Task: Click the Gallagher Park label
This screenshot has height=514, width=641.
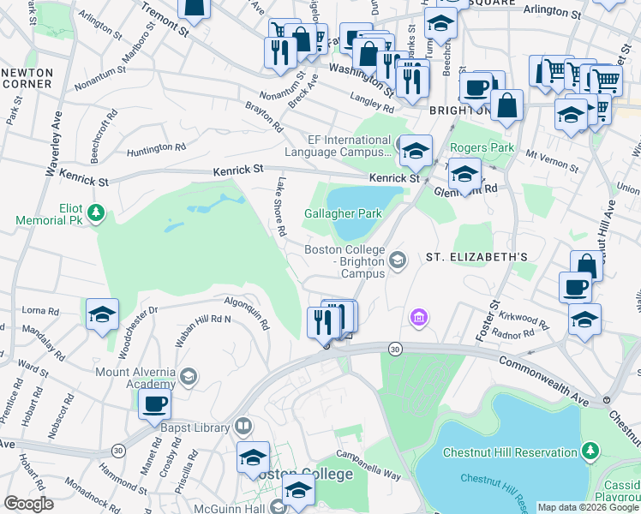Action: pyautogui.click(x=342, y=213)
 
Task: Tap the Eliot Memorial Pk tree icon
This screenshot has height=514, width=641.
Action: pyautogui.click(x=98, y=211)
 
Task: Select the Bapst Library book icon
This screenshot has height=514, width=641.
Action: pyautogui.click(x=243, y=427)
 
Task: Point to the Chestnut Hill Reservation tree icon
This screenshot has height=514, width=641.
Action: pyautogui.click(x=590, y=451)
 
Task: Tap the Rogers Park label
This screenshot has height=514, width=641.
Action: pyautogui.click(x=482, y=148)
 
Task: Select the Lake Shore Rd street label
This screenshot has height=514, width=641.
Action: pyautogui.click(x=280, y=206)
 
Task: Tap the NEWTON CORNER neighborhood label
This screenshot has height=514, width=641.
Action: pyautogui.click(x=27, y=78)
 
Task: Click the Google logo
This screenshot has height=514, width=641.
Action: pyautogui.click(x=28, y=504)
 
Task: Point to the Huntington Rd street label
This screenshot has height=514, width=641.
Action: pyautogui.click(x=157, y=148)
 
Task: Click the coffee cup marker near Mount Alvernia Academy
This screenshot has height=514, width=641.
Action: pyautogui.click(x=154, y=404)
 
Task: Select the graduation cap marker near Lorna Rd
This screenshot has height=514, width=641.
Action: pyautogui.click(x=102, y=314)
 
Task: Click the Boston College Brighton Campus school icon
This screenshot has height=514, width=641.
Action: pyautogui.click(x=397, y=260)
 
